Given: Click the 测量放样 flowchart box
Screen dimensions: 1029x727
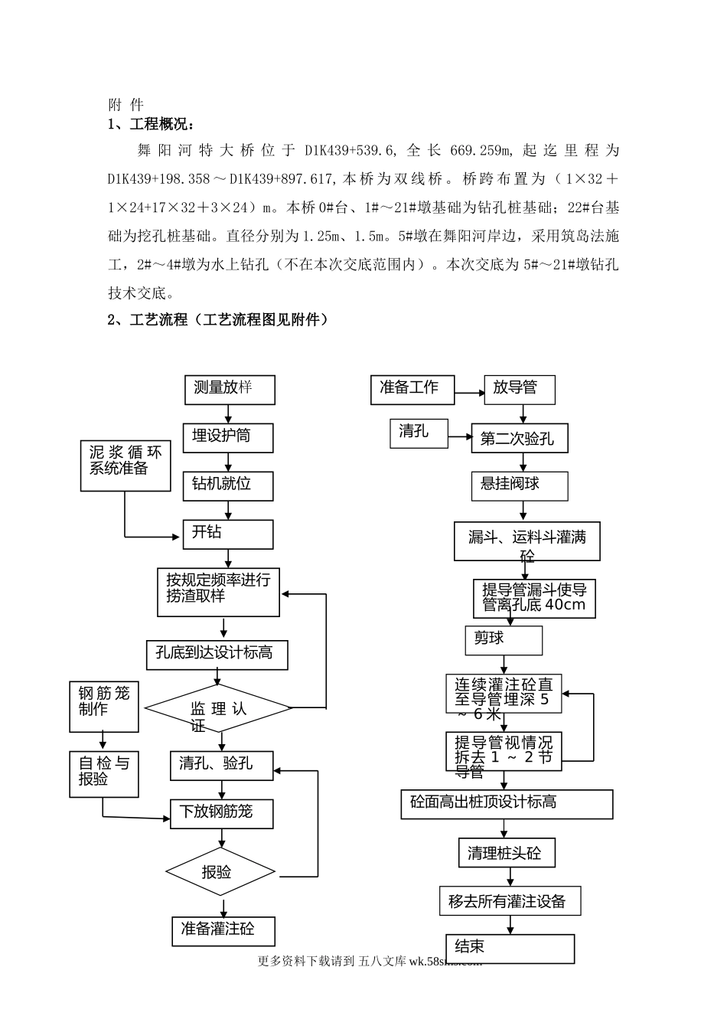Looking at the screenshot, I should point(230,390).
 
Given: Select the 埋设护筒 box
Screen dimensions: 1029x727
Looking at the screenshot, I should point(228,437).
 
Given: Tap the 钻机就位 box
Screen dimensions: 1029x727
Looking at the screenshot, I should point(228,485).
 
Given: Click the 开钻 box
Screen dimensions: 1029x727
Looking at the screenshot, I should point(228,534).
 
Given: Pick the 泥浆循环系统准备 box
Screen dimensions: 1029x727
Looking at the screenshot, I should point(126,465).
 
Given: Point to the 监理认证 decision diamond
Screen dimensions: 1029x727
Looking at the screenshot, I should point(219,708).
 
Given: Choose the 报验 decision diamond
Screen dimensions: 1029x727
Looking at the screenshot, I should point(220,871).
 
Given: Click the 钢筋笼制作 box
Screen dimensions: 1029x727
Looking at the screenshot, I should point(104,706).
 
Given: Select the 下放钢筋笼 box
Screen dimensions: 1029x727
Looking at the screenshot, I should point(222,812).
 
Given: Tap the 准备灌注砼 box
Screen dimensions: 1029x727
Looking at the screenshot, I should point(223,930).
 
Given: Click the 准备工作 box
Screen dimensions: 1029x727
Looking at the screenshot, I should point(412,390).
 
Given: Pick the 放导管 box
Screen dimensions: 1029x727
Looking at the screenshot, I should point(520,390).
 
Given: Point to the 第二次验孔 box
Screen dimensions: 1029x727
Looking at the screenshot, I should point(520,439).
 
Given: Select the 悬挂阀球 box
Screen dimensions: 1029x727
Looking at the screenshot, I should point(520,485).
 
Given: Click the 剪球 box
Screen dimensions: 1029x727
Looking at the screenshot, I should point(503,639).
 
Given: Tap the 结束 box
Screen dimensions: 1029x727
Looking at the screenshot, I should point(510,948).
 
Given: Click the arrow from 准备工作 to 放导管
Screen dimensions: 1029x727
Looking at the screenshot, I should point(469,394).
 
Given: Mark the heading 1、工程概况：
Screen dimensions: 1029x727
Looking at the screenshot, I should point(151,125).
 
